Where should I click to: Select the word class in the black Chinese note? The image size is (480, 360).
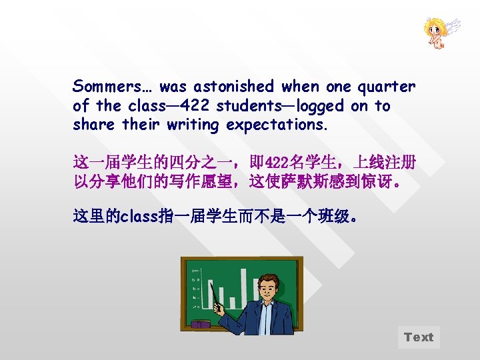point(136,216)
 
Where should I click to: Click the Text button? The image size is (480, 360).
point(419,337)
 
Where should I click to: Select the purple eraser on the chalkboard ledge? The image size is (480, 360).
point(200,325)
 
